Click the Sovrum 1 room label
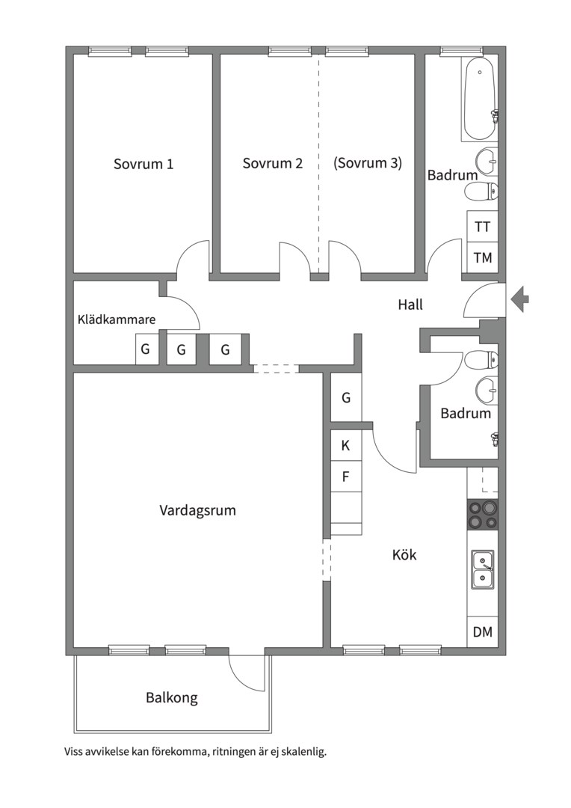[143, 164]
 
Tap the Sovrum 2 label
[272, 163]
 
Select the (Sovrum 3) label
[368, 163]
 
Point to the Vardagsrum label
[198, 511]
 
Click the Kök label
[404, 555]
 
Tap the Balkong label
[171, 698]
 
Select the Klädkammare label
[117, 319]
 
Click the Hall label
[410, 304]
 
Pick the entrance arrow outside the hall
[520, 299]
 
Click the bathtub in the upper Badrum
[479, 99]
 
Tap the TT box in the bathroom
[483, 226]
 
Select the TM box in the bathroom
[483, 257]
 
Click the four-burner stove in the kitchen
[483, 515]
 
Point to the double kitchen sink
[483, 569]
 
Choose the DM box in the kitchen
[483, 631]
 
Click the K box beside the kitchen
[345, 445]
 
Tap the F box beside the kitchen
[345, 477]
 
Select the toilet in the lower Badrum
[481, 360]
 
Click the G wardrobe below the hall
[345, 397]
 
